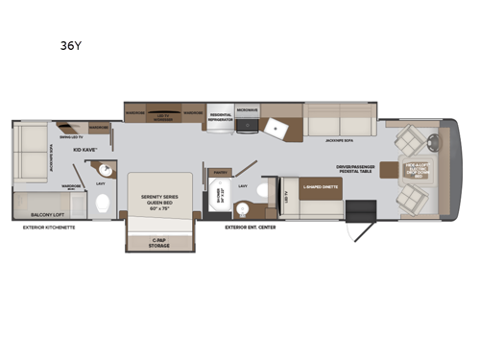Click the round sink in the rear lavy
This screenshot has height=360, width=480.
106,172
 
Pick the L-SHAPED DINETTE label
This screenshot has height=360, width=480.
320,188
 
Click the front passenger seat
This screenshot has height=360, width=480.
410,200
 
